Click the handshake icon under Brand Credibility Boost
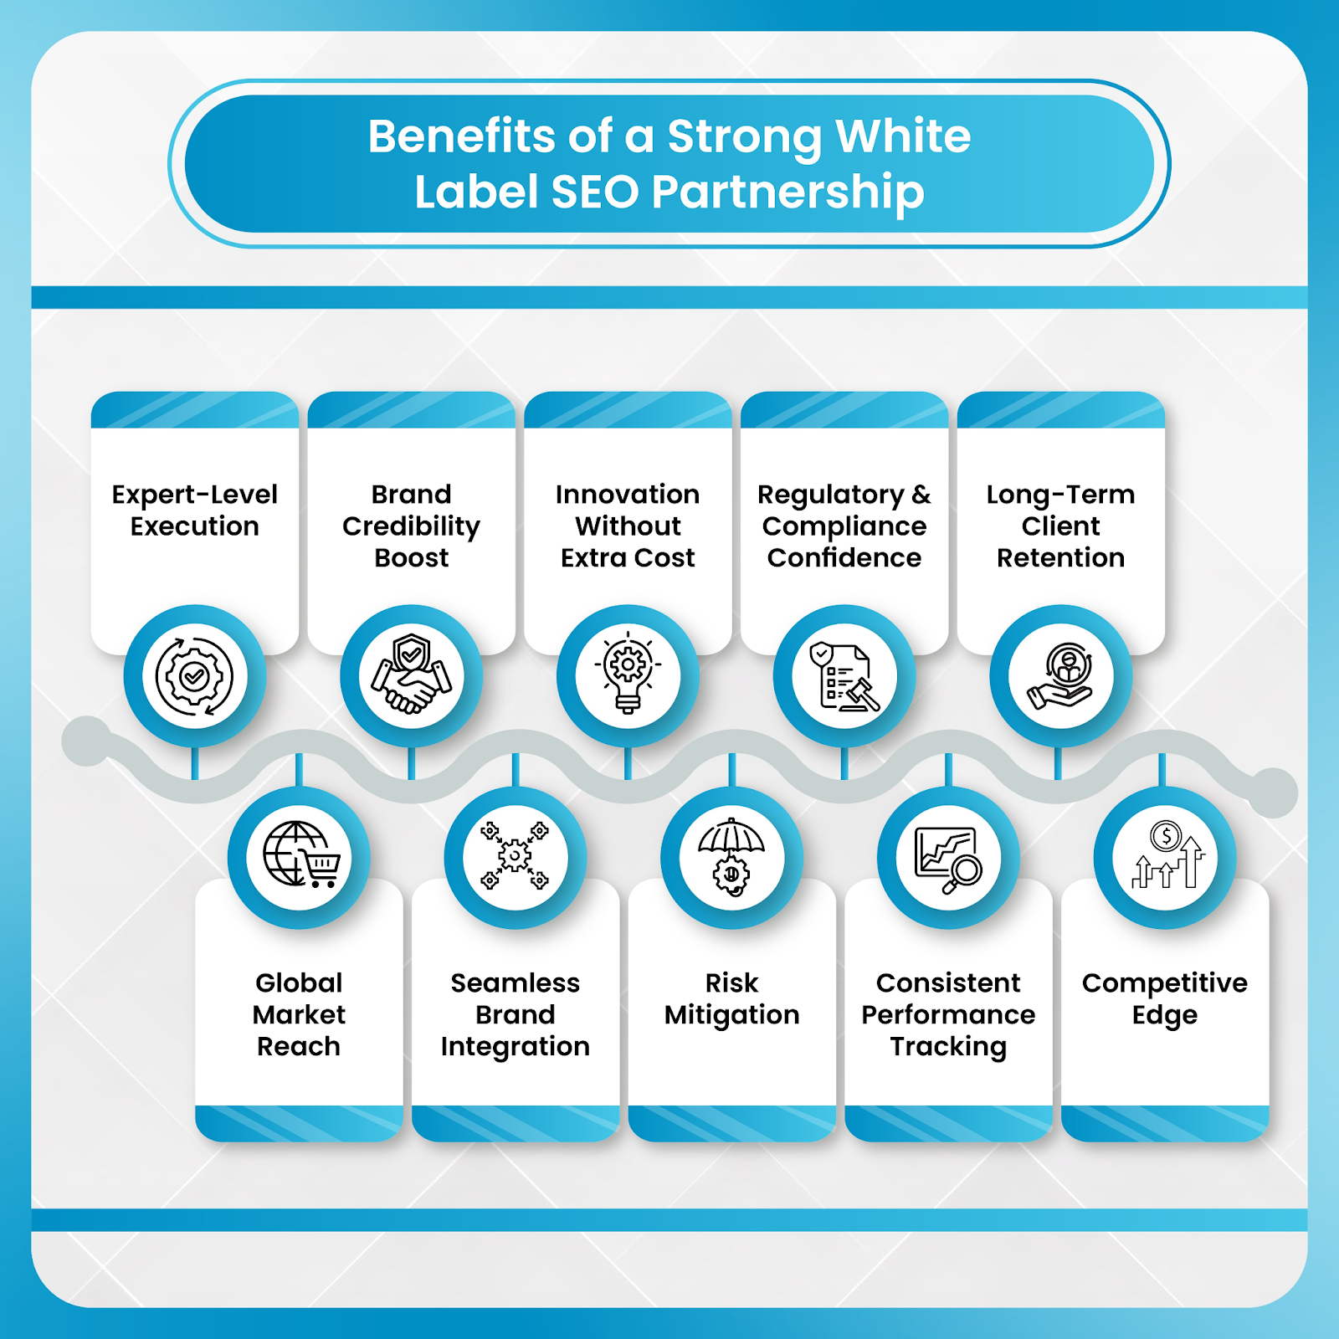[411, 675]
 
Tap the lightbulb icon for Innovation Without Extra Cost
[628, 675]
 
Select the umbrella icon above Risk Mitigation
[731, 857]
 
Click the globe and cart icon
[300, 857]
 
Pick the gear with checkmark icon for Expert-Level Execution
[194, 675]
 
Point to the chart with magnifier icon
[948, 857]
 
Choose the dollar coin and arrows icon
[1165, 857]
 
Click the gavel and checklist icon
[844, 675]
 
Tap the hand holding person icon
[1060, 675]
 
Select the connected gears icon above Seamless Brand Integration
[515, 857]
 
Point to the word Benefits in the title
[461, 136]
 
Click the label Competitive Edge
[1164, 998]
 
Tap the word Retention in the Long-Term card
[1060, 557]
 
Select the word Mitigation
[731, 1014]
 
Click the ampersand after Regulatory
[921, 494]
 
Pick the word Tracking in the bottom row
[948, 1046]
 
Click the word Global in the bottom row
[299, 982]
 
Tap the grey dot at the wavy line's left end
[86, 741]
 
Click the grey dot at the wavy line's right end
[1273, 792]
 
